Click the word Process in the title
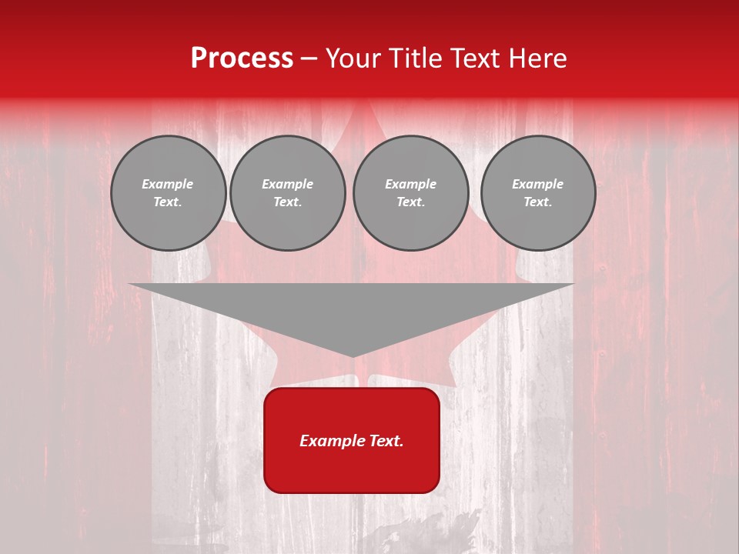pos(242,58)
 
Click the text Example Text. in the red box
pos(352,441)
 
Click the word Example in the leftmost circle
pos(168,184)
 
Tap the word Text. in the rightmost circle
pos(538,202)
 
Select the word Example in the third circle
pos(410,184)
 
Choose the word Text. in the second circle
pos(288,202)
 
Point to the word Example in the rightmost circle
pos(538,184)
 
